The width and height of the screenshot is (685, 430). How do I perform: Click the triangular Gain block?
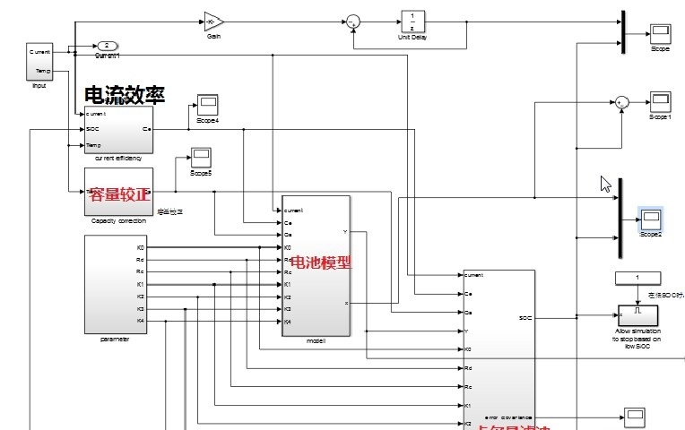point(213,21)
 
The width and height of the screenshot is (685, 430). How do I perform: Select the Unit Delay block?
point(412,21)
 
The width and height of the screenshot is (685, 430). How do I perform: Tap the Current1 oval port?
point(107,45)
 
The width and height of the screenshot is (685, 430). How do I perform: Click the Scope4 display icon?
point(208,105)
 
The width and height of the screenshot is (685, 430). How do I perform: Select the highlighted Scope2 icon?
point(650,219)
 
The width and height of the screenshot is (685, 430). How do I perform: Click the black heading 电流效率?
point(117,94)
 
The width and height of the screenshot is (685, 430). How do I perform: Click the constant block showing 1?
point(637,278)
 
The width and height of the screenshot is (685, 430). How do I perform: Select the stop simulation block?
point(637,315)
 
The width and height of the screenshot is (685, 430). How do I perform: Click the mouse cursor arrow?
point(606,184)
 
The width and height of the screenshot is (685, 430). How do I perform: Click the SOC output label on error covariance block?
point(525,317)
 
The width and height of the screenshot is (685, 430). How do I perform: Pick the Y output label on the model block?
point(345,232)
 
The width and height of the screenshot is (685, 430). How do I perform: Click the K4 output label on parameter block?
point(141,321)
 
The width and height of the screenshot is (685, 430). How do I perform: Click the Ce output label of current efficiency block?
point(146,129)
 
